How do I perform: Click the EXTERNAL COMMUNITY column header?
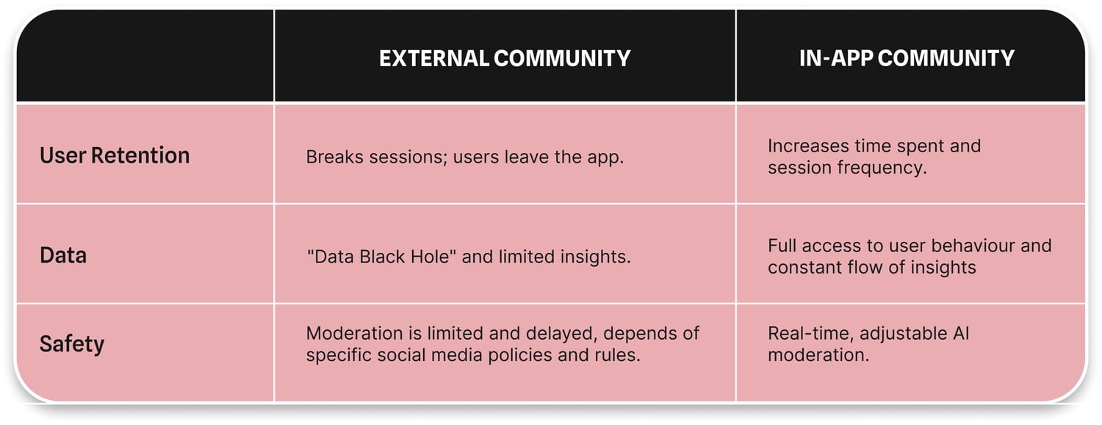[505, 58]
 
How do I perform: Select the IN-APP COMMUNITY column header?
[907, 58]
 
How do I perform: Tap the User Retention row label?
[115, 155]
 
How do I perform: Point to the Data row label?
[63, 255]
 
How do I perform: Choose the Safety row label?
[72, 343]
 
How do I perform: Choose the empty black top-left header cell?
[145, 57]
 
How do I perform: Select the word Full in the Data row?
[784, 246]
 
